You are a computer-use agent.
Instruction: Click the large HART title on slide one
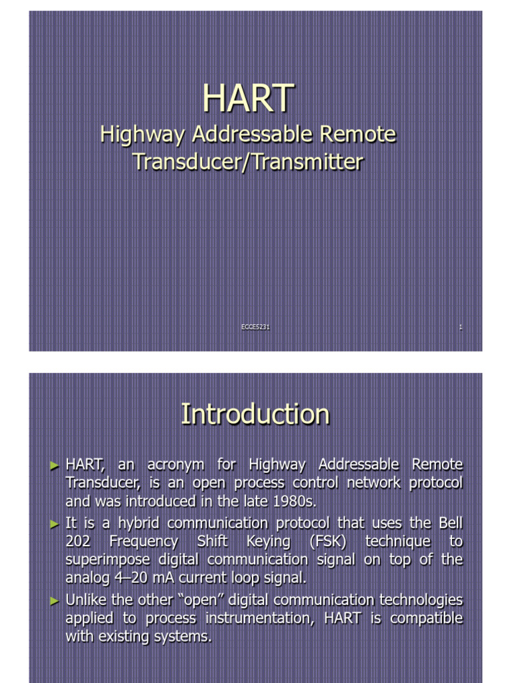[x=248, y=99]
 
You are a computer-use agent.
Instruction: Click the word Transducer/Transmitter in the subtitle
[x=248, y=161]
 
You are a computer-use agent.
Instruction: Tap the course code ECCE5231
[x=255, y=327]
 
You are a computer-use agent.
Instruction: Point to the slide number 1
[x=461, y=327]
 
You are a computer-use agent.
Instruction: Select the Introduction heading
[x=255, y=414]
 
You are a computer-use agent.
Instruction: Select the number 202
[x=79, y=542]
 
